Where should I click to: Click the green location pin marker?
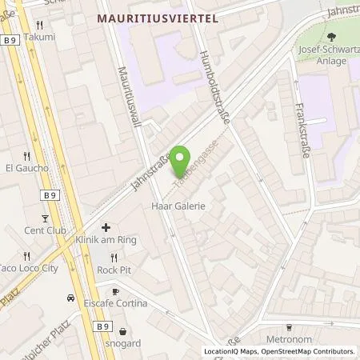[x=182, y=158]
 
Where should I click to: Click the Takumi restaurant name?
[x=40, y=37]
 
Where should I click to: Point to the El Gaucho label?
[x=27, y=168]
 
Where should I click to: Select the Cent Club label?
[x=45, y=230]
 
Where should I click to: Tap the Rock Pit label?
[x=114, y=270]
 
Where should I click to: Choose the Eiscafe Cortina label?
[x=115, y=302]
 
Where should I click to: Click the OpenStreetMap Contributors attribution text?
[x=312, y=351]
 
